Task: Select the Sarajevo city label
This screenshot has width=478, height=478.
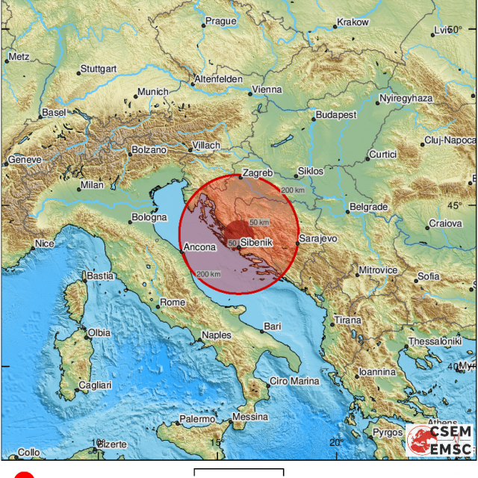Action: (x=319, y=238)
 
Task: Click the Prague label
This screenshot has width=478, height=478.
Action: (x=220, y=21)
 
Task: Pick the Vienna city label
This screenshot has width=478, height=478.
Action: (x=267, y=90)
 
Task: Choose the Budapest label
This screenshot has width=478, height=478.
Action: (x=335, y=116)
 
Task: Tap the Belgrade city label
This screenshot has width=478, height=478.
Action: (x=368, y=206)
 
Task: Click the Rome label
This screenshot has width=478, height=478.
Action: (x=173, y=302)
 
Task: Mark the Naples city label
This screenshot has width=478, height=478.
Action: (x=217, y=335)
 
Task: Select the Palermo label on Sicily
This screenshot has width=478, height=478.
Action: (x=197, y=420)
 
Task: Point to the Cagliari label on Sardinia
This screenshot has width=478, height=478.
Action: (x=95, y=385)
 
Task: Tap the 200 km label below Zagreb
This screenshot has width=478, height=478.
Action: (x=294, y=190)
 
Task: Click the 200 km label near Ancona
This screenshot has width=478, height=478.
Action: (x=209, y=274)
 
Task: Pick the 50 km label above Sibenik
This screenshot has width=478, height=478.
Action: (x=259, y=223)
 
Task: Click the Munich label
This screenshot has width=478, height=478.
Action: (x=152, y=93)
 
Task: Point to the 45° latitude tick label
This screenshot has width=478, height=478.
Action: (x=455, y=205)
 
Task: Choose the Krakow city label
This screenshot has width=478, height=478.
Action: (x=353, y=22)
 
